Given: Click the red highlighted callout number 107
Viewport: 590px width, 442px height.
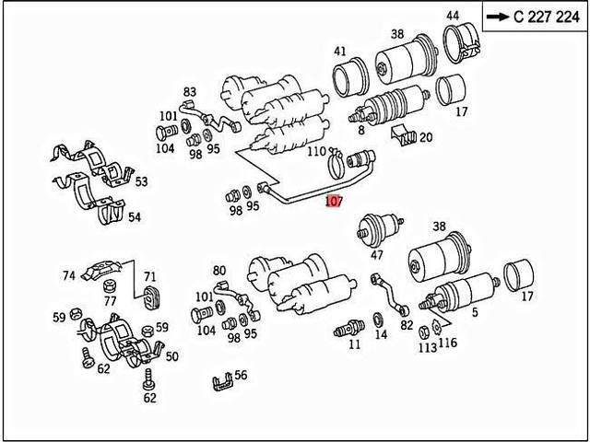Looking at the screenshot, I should [x=334, y=200].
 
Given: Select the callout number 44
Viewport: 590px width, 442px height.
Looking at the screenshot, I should [x=453, y=16].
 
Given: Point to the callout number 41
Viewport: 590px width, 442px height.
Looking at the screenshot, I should [x=340, y=52].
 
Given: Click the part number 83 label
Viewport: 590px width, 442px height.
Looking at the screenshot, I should [x=190, y=92].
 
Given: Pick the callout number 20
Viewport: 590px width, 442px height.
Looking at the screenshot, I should [x=425, y=137].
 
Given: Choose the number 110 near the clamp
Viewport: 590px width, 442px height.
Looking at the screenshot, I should [x=316, y=151].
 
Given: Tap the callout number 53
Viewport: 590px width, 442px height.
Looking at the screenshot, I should [x=140, y=182].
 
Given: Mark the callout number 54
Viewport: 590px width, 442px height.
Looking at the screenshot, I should [x=135, y=217].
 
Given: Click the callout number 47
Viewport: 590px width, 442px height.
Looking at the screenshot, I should [x=377, y=255].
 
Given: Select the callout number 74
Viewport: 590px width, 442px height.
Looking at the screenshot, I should [x=68, y=275].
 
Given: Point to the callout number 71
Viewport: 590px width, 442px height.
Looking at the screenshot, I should [x=149, y=276].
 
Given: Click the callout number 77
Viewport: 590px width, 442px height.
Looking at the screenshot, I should [x=110, y=300].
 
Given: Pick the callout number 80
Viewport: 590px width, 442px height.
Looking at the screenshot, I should [x=219, y=271].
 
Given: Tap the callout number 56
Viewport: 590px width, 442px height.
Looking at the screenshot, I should [x=241, y=375].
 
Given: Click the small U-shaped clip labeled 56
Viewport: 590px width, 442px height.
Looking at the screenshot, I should [x=219, y=380].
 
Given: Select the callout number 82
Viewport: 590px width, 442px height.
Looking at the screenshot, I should [x=407, y=325].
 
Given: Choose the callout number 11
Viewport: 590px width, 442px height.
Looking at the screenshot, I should [x=354, y=344].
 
